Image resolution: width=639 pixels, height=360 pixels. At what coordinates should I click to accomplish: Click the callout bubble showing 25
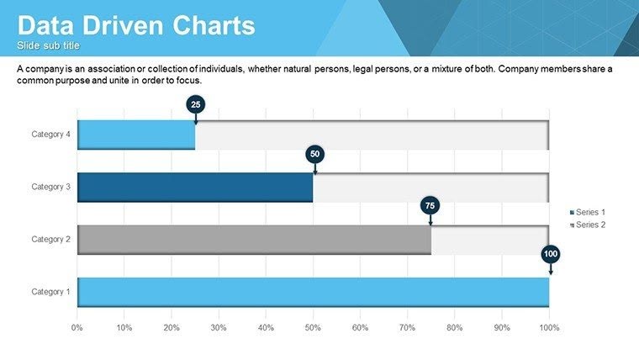(x=195, y=104)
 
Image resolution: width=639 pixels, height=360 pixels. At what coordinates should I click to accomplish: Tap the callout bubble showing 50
(x=314, y=154)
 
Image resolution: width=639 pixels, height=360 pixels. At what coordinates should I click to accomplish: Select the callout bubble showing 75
(x=430, y=205)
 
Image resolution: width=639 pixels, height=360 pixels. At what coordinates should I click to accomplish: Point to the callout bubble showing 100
(x=551, y=252)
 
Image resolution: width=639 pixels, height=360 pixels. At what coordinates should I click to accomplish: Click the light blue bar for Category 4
(x=136, y=135)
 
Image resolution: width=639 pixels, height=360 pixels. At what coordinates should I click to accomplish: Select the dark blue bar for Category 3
(x=195, y=187)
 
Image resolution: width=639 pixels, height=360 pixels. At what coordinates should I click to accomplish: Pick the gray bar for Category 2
(x=254, y=240)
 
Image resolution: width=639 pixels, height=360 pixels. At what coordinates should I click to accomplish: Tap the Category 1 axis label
(x=51, y=292)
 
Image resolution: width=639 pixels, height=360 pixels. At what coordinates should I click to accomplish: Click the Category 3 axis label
(x=51, y=187)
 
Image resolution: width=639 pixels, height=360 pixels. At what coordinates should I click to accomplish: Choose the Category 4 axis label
(x=51, y=135)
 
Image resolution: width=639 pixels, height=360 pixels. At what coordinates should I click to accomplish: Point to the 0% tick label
(x=77, y=326)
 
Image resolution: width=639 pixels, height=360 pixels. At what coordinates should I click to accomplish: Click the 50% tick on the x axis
(x=313, y=326)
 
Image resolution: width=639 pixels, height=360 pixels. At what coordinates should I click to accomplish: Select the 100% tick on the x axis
(x=549, y=326)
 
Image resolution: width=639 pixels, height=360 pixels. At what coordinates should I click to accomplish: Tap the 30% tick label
(x=219, y=326)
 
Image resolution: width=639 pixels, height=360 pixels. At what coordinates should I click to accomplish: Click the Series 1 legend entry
(x=588, y=213)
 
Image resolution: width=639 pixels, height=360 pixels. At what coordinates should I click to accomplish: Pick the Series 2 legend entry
(x=588, y=225)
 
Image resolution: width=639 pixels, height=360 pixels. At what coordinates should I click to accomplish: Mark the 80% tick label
(x=455, y=326)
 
